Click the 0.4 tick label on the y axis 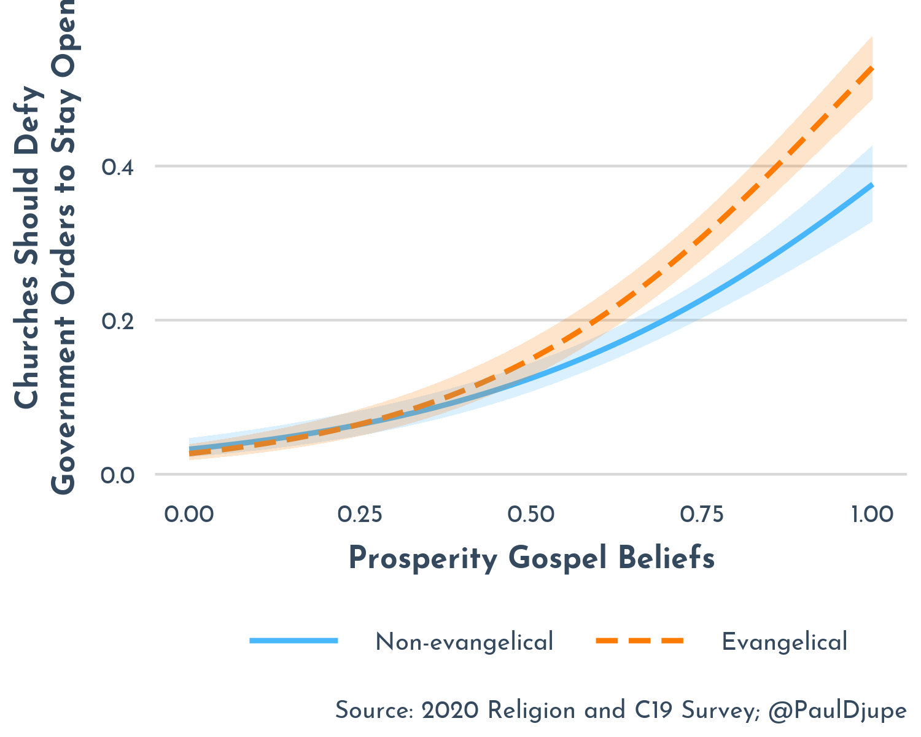point(118,167)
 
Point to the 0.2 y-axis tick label point(118,321)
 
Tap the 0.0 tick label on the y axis point(118,475)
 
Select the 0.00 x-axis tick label point(189,514)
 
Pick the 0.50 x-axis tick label point(531,514)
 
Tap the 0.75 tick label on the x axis point(702,514)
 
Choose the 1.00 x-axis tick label point(872,514)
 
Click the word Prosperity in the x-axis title point(423,560)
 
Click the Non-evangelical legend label point(464,642)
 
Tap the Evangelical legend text point(784,642)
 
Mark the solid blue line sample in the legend point(294,641)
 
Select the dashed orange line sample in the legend point(639,641)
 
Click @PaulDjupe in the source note point(837,711)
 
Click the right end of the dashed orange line point(872,68)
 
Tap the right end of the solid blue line point(872,185)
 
